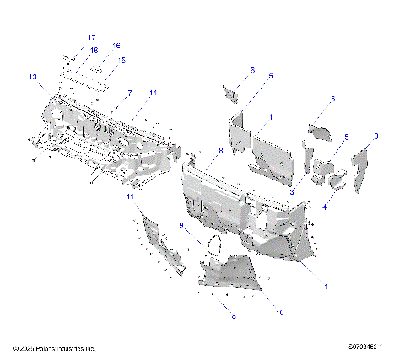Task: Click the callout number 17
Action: [x=91, y=39]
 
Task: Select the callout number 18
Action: [x=94, y=50]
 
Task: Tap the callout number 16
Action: [x=116, y=46]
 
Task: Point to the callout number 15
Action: [x=121, y=60]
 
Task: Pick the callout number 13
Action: [x=34, y=77]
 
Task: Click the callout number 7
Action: [x=130, y=92]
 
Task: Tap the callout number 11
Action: [x=131, y=196]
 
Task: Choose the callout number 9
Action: [x=181, y=225]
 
